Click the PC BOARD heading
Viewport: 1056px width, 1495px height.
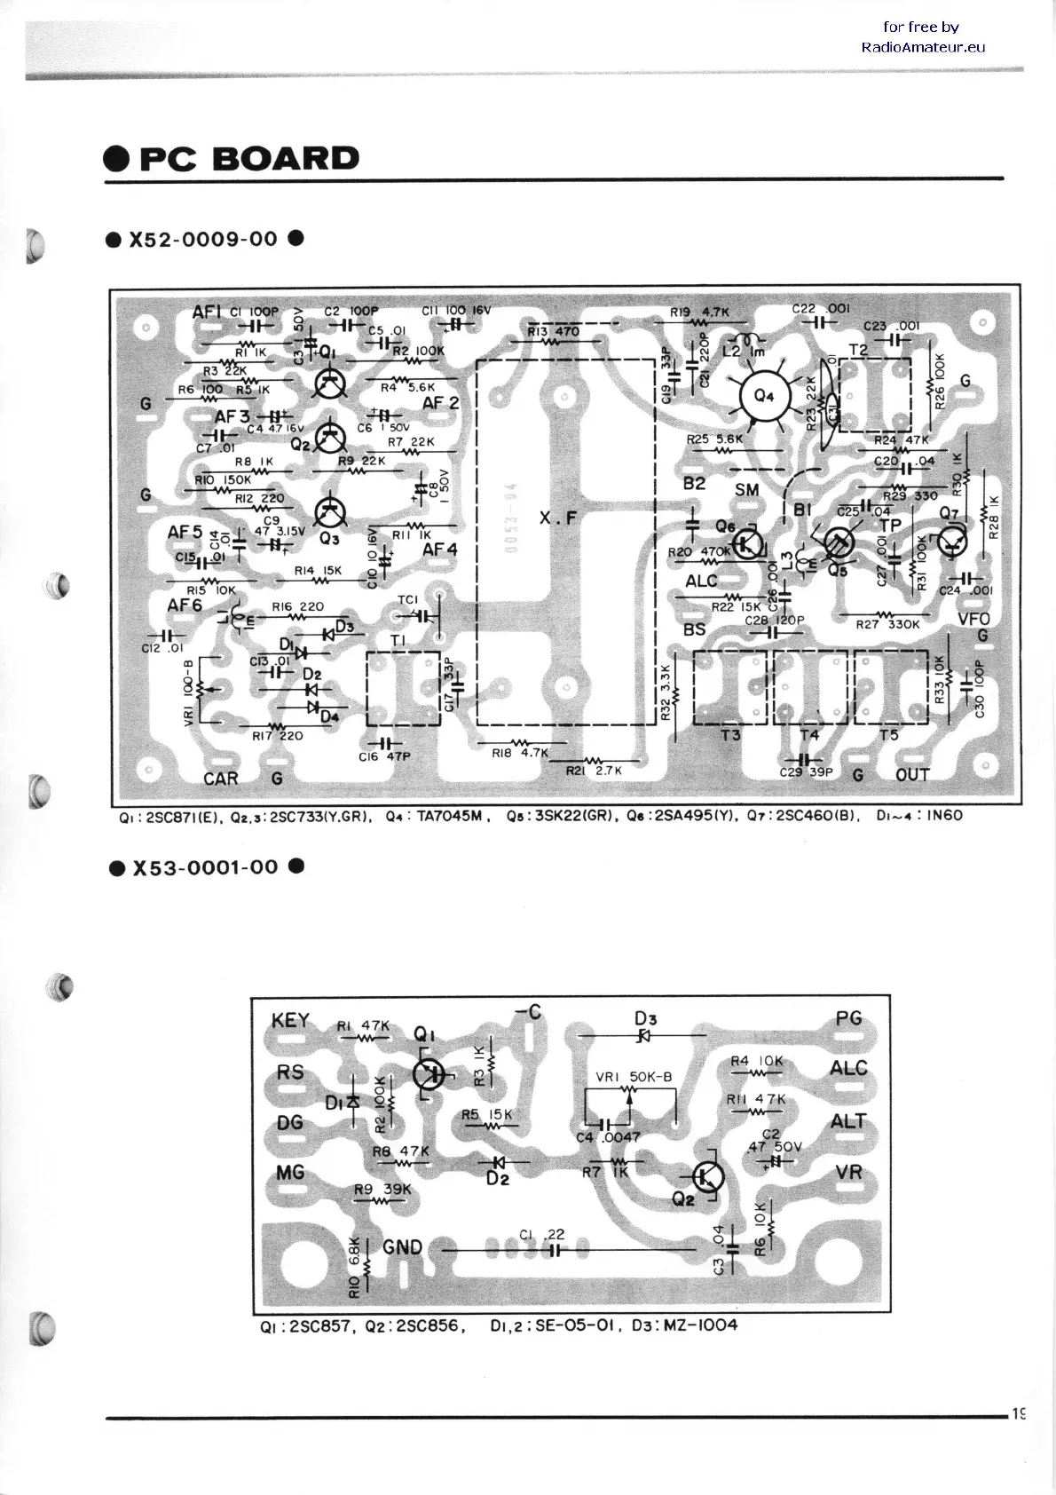[248, 159]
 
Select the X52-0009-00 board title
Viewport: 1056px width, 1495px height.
[204, 240]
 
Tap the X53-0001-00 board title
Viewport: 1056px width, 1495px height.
[205, 867]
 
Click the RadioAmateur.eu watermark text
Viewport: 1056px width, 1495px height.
[923, 47]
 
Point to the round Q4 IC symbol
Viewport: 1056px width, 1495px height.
[763, 396]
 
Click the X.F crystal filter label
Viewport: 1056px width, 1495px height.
[557, 518]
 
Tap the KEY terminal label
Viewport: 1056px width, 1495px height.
[290, 1021]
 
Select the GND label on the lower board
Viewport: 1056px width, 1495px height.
[402, 1246]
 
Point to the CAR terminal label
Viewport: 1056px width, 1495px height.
[221, 779]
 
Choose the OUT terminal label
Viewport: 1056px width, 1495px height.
[912, 775]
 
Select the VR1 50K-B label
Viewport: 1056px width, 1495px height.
[634, 1077]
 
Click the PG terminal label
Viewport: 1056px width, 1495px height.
[848, 1018]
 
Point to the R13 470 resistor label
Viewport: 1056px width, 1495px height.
[553, 332]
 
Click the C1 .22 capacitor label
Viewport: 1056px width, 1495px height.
[542, 1234]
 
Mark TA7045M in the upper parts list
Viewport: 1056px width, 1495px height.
[448, 815]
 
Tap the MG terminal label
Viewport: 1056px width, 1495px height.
[290, 1173]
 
